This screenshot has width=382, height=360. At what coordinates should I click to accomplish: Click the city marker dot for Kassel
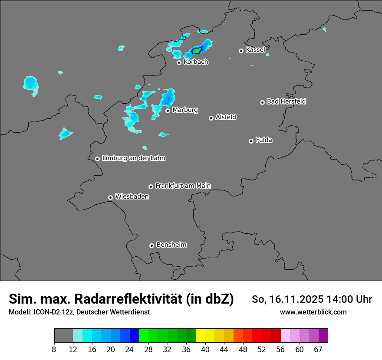241,51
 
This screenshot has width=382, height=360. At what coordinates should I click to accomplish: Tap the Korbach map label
196,62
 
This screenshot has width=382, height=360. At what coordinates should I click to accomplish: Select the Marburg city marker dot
168,111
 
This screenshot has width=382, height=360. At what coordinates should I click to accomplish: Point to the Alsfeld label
226,117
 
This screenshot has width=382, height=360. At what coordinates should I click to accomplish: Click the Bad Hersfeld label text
286,101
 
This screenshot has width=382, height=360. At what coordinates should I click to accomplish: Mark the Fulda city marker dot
251,141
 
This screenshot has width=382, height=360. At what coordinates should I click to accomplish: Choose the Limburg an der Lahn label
133,158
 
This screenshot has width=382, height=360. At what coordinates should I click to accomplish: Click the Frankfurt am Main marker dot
151,187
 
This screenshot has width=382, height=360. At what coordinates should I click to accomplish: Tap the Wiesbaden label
132,196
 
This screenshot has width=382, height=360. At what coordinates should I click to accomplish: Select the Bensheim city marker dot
151,245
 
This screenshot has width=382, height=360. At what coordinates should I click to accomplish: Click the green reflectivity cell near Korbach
197,50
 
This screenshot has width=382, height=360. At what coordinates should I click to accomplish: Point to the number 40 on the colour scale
205,349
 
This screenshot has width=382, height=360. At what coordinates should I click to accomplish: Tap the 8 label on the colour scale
54,349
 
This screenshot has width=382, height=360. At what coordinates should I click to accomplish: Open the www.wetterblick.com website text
313,312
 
